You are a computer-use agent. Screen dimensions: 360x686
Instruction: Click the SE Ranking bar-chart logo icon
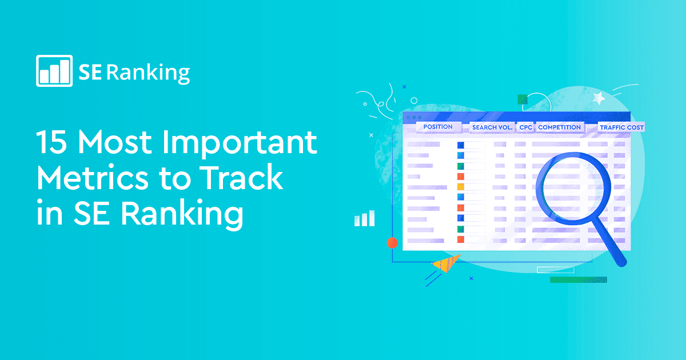(54, 70)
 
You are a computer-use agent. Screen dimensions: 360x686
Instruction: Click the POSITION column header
(438, 127)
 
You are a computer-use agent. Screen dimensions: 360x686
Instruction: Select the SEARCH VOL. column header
(492, 127)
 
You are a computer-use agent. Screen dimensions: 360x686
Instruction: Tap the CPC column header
(525, 127)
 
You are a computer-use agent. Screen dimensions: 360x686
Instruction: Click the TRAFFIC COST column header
(621, 127)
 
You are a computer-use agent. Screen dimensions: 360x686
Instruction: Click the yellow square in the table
(461, 187)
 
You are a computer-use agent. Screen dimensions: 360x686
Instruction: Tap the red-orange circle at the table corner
(392, 242)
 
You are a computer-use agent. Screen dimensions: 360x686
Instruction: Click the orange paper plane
(446, 263)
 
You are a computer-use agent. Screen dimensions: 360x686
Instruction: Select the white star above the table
(599, 98)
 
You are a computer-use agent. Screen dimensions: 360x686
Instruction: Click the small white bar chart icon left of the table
(364, 218)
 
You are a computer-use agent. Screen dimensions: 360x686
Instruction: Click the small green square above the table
(522, 99)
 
